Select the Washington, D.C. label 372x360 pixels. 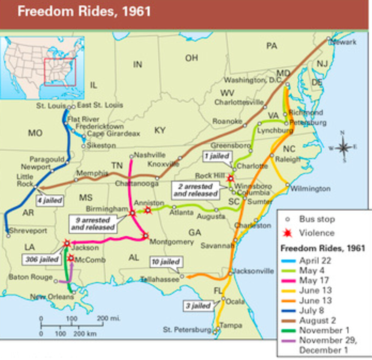click(251, 79)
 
